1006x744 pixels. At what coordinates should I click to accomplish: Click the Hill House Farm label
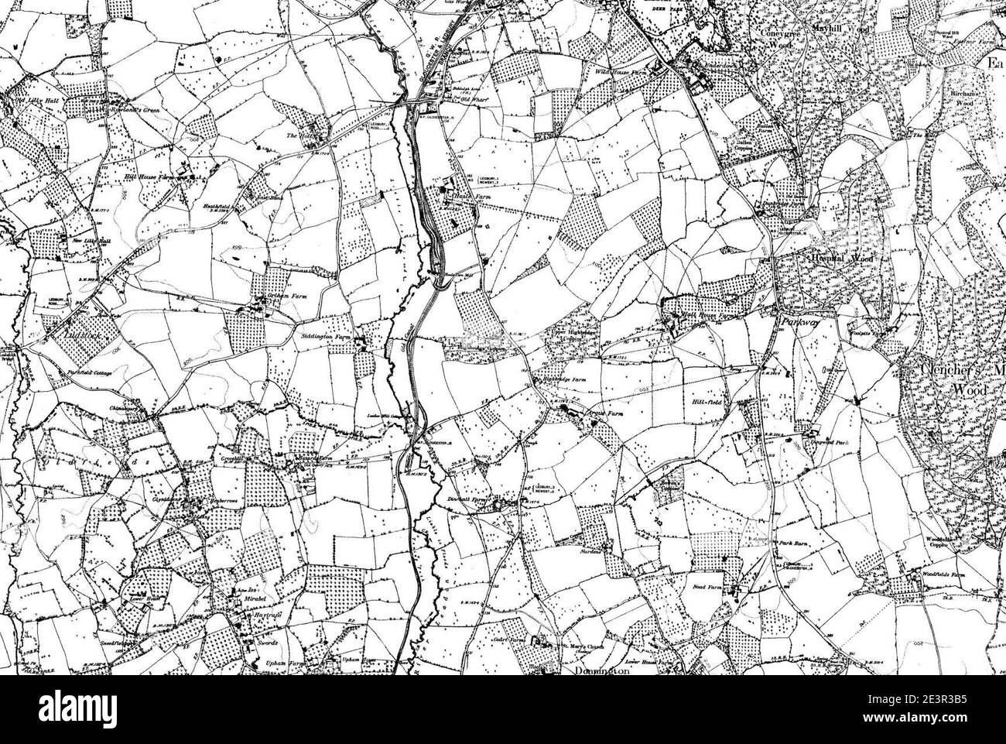coord(148,177)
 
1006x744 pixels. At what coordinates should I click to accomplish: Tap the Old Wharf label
coord(470,100)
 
